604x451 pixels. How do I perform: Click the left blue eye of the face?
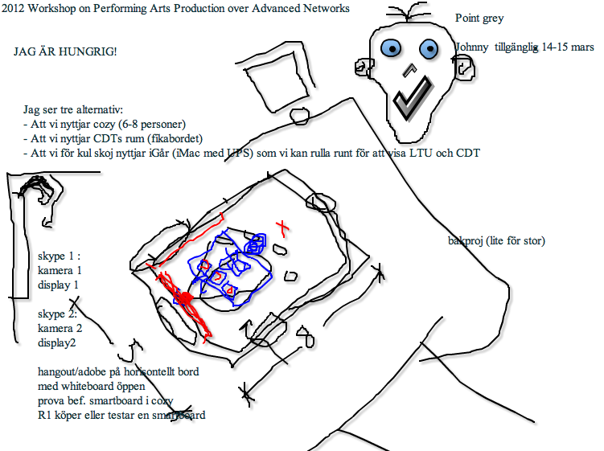click(392, 48)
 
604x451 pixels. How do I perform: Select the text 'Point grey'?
click(479, 18)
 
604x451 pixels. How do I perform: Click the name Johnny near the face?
click(471, 47)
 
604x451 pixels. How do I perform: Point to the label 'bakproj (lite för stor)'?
click(496, 240)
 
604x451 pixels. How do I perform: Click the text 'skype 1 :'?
click(59, 257)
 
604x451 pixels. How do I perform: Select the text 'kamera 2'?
click(60, 328)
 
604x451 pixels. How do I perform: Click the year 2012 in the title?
click(14, 9)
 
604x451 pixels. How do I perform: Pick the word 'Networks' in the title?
click(327, 9)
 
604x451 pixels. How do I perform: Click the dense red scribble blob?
click(184, 300)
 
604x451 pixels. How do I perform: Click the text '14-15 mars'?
click(567, 47)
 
